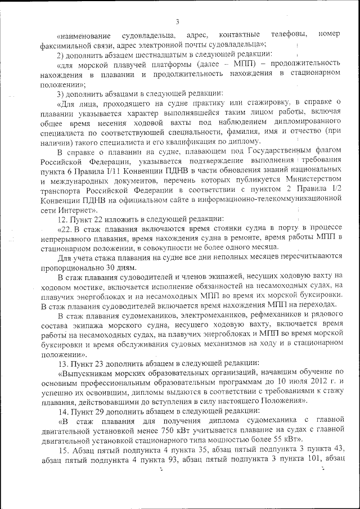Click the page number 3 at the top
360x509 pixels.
[177, 22]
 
